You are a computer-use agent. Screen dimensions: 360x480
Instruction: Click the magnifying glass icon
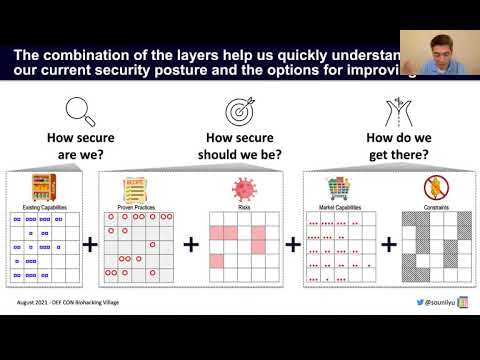[79, 109]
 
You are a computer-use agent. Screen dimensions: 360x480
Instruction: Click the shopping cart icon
[339, 187]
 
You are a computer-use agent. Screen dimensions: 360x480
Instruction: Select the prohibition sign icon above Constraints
[433, 187]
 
